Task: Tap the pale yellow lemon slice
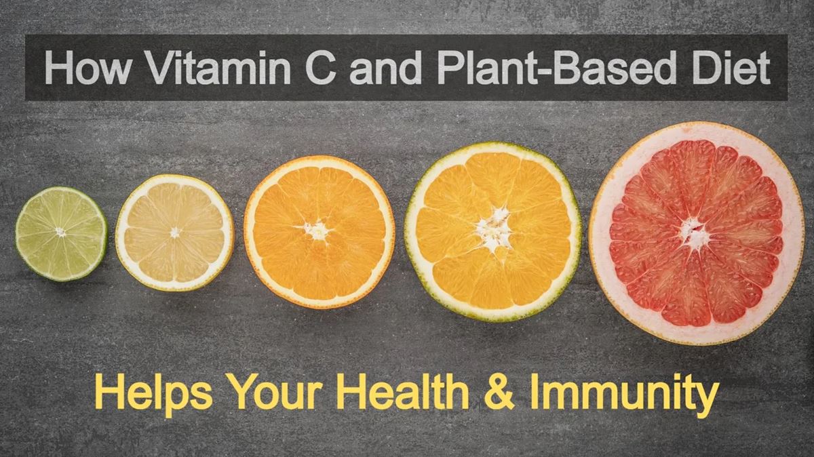[x=174, y=233]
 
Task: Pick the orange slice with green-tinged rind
[x=492, y=231]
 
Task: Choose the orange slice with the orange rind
[x=319, y=231]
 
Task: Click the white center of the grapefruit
[x=694, y=234]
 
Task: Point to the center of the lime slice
[x=60, y=232]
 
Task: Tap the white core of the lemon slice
[x=175, y=232]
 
